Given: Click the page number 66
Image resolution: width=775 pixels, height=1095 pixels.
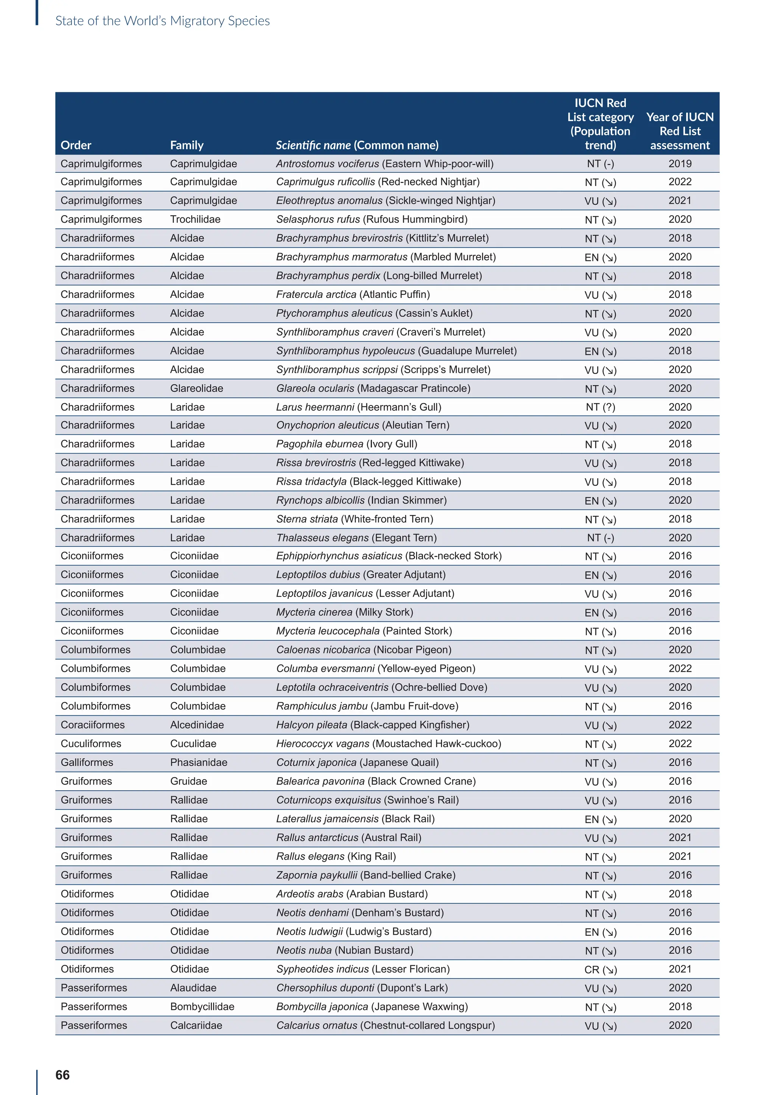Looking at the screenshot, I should click(62, 1075).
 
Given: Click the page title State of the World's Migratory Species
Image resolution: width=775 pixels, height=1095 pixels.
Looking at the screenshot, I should click(162, 21).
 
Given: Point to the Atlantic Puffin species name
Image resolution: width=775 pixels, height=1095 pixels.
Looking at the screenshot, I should click(353, 295).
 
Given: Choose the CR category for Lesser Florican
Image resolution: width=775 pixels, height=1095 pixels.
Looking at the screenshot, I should click(600, 969).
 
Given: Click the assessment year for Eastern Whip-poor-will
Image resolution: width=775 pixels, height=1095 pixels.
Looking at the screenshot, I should click(680, 164).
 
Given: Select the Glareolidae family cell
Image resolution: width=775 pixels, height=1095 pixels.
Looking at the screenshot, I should click(197, 388).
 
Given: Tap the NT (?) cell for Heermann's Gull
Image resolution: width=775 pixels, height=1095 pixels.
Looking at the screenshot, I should click(600, 407).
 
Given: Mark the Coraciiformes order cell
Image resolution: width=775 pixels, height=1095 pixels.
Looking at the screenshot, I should click(93, 725).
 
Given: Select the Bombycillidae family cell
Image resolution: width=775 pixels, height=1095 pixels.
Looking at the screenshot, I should click(202, 1007).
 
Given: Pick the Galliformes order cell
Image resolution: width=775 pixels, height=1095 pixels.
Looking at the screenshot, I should click(87, 763).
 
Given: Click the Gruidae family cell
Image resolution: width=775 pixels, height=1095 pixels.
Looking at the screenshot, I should click(188, 781).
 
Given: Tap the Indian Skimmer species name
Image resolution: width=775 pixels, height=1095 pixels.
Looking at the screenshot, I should click(361, 500).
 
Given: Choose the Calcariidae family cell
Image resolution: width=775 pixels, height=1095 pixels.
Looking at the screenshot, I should click(196, 1025).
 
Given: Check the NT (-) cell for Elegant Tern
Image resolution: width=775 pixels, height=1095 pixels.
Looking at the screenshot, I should click(600, 538).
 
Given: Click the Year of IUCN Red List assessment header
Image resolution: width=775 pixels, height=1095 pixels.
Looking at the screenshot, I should click(680, 131).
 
